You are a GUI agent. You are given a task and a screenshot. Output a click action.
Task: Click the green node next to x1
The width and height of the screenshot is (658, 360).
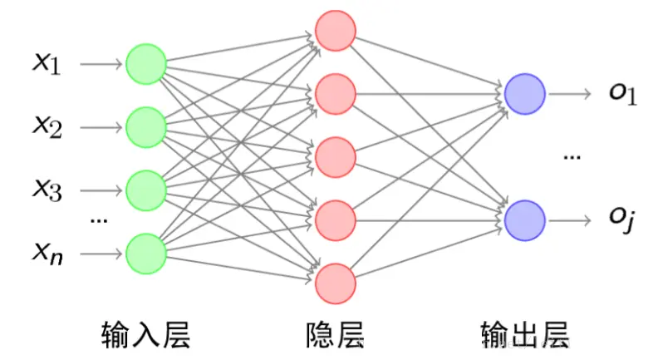point(146,64)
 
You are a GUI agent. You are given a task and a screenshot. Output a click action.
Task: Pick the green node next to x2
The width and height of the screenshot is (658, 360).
point(146,127)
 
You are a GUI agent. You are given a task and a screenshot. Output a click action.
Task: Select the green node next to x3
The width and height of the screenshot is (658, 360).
point(146,190)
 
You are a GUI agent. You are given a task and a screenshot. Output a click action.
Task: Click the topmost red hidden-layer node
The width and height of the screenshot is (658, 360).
point(336,31)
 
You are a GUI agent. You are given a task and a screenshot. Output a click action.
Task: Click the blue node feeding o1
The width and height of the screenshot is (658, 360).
point(525,94)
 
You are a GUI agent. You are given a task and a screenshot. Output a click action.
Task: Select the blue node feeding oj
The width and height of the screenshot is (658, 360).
point(525,220)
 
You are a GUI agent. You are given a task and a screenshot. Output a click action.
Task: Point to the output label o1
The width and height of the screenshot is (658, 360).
point(622,94)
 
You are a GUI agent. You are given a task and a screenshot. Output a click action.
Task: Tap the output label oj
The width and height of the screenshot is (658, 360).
point(622,220)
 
